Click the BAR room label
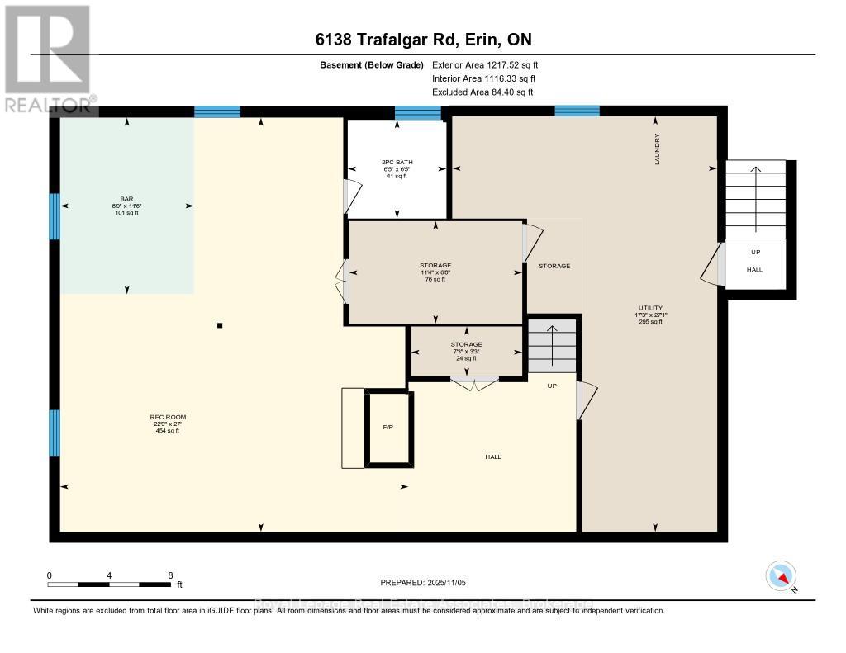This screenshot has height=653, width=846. pyautogui.click(x=126, y=199)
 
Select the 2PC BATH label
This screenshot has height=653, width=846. pyautogui.click(x=396, y=162)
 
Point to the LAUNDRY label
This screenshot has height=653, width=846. pyautogui.click(x=658, y=149)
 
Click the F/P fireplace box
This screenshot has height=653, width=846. pyautogui.click(x=387, y=428)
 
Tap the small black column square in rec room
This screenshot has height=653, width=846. pyautogui.click(x=220, y=325)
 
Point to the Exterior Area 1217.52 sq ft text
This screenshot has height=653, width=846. pyautogui.click(x=485, y=64)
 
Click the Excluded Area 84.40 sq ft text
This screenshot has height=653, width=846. pyautogui.click(x=482, y=92)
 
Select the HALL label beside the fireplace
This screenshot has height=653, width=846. pyautogui.click(x=492, y=457)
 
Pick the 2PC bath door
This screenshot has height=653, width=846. pyautogui.click(x=352, y=196)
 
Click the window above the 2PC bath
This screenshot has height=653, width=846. pyautogui.click(x=418, y=113)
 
